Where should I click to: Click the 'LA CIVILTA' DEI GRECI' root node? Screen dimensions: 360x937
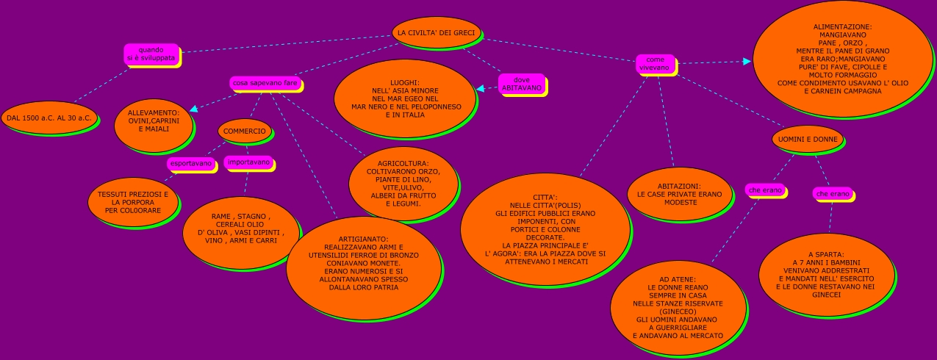pyautogui.click(x=437, y=33)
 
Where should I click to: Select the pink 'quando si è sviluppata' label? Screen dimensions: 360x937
pyautogui.click(x=151, y=54)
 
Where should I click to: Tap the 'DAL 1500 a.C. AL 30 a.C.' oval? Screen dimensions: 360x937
pyautogui.click(x=49, y=118)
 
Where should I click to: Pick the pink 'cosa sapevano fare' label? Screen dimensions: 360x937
pyautogui.click(x=265, y=84)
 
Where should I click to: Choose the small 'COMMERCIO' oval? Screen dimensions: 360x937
pyautogui.click(x=245, y=131)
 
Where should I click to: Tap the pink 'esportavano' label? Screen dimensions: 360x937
pyautogui.click(x=191, y=163)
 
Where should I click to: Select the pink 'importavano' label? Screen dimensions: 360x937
pyautogui.click(x=248, y=162)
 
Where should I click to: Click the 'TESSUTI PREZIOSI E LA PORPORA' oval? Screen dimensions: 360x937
pyautogui.click(x=133, y=202)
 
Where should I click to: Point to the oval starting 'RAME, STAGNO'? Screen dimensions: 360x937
pyautogui.click(x=240, y=229)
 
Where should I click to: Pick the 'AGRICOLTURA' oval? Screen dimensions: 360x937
pyautogui.click(x=403, y=183)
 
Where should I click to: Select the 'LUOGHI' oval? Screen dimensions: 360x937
pyautogui.click(x=405, y=98)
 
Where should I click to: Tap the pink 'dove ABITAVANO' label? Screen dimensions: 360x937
pyautogui.click(x=522, y=84)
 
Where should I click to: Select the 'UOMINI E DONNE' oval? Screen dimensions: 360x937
pyautogui.click(x=808, y=139)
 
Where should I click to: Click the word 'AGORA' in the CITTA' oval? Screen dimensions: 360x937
pyautogui.click(x=504, y=254)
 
